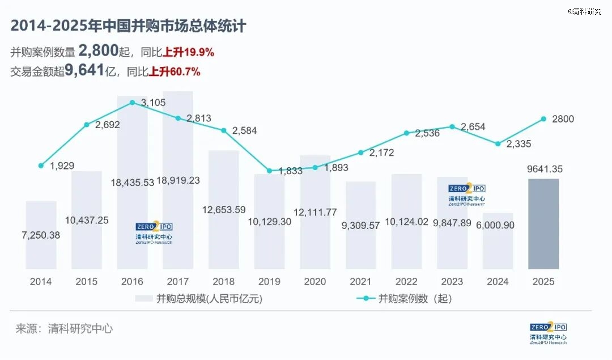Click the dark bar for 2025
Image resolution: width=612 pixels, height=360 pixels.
543,224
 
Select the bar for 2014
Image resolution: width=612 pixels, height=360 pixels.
41,235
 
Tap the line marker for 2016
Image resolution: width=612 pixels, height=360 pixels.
132,103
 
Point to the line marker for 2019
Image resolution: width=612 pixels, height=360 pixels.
269,171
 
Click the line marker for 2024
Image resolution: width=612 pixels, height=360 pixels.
498,144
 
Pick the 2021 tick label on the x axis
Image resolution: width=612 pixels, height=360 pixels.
360,281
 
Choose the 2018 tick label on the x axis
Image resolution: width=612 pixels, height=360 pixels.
223,281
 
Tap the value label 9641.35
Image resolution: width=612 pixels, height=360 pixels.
543,169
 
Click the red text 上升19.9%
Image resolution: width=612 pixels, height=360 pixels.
188,53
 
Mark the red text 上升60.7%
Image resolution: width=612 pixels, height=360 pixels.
175,72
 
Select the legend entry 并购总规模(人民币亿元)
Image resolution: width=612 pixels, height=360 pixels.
199,299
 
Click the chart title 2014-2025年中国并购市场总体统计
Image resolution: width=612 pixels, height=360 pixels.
128,26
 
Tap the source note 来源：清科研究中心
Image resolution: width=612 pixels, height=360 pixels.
64,328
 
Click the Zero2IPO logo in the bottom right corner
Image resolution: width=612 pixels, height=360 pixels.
548,333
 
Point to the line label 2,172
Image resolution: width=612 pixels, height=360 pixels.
381,153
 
